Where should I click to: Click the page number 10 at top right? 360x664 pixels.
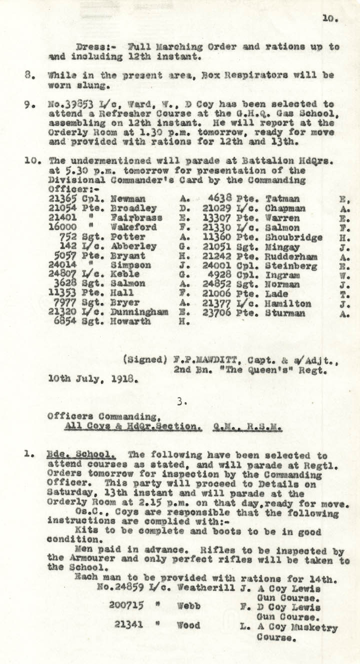coord(330,18)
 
